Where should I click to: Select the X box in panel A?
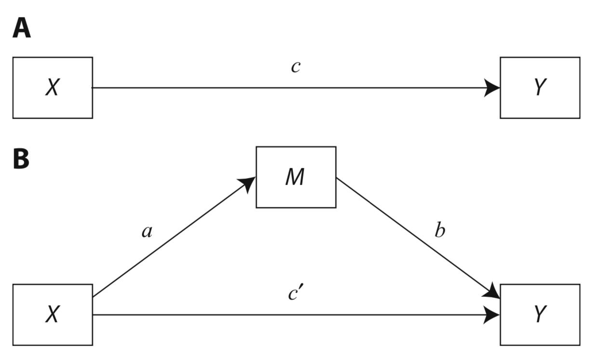tap(53, 88)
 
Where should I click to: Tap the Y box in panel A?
tap(540, 88)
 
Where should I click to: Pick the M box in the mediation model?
tap(296, 177)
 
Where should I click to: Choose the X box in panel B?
tap(53, 315)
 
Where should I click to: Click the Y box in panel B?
tap(540, 315)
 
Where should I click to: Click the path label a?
tap(147, 232)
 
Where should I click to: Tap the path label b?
tap(440, 231)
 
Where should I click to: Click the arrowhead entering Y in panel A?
tap(493, 88)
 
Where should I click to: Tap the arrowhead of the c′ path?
tap(493, 315)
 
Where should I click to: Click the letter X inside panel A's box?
tap(52, 88)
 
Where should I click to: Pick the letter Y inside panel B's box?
tap(540, 315)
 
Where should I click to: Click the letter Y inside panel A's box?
tap(540, 88)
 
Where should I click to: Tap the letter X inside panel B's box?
tap(52, 315)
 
